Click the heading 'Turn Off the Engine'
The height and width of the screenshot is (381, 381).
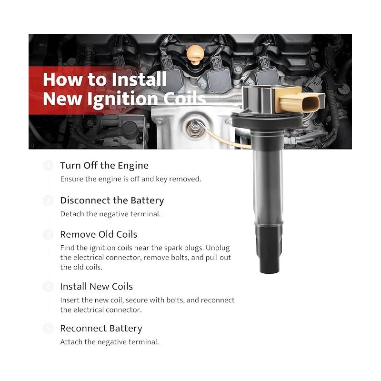coord(104,166)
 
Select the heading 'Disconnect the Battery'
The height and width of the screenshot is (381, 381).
coord(112,201)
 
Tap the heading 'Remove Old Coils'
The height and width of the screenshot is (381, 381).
coord(99,234)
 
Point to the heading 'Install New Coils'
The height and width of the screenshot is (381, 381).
coord(96,287)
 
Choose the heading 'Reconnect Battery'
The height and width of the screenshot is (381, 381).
coord(101,329)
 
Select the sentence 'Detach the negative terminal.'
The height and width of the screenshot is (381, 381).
coord(110,214)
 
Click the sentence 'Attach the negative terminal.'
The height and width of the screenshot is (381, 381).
coord(110,342)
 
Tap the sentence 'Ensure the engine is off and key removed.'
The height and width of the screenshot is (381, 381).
coord(130,179)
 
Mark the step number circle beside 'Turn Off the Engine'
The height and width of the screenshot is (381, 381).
coord(48,166)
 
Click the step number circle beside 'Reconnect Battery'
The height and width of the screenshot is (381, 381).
coord(48,329)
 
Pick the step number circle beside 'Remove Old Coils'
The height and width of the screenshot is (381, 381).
coord(48,234)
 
